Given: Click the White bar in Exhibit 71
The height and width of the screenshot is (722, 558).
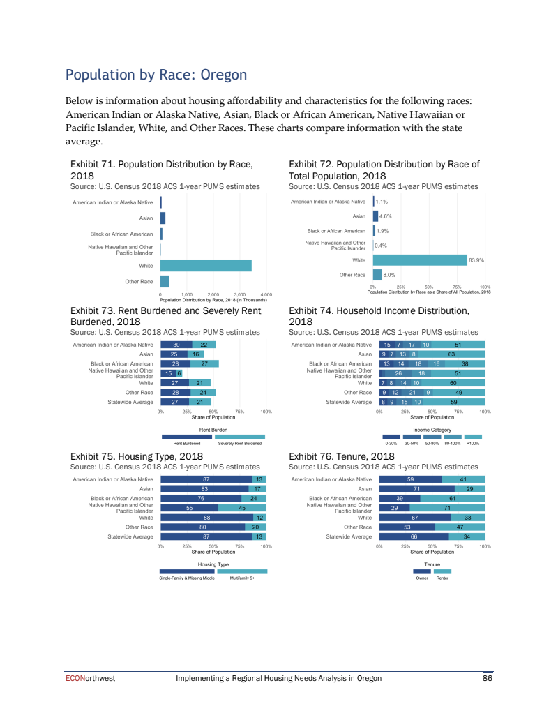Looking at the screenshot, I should [206, 266].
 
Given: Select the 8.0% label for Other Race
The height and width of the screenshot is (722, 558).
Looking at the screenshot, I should [390, 275].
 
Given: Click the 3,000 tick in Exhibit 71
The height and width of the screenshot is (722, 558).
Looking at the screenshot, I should [240, 295].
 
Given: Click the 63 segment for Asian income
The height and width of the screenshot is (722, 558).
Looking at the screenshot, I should [451, 354].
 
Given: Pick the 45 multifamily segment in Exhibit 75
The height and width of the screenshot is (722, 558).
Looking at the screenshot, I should [241, 508].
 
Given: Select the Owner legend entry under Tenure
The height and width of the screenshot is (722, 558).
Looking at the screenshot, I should [421, 578].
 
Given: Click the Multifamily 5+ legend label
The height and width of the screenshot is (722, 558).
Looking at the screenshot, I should [241, 578].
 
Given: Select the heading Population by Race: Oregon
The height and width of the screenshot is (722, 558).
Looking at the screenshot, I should [156, 74].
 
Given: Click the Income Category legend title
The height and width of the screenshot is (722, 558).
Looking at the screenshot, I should [432, 430].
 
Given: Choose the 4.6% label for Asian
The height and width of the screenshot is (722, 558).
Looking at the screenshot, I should [385, 216].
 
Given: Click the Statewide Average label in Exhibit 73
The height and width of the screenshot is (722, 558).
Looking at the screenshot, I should [130, 402].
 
